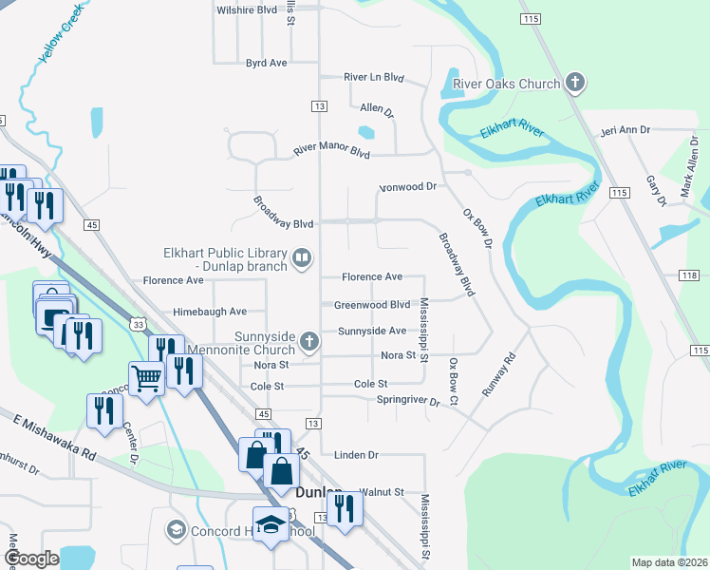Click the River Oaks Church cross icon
pos(574,84)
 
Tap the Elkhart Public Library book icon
pos(302,257)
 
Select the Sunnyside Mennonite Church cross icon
pos(308,341)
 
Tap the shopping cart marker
pos(147,378)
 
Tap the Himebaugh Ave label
pos(210,311)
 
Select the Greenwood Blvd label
pos(371,305)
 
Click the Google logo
pos(32,559)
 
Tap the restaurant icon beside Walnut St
pos(346,507)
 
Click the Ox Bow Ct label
pos(454,383)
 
